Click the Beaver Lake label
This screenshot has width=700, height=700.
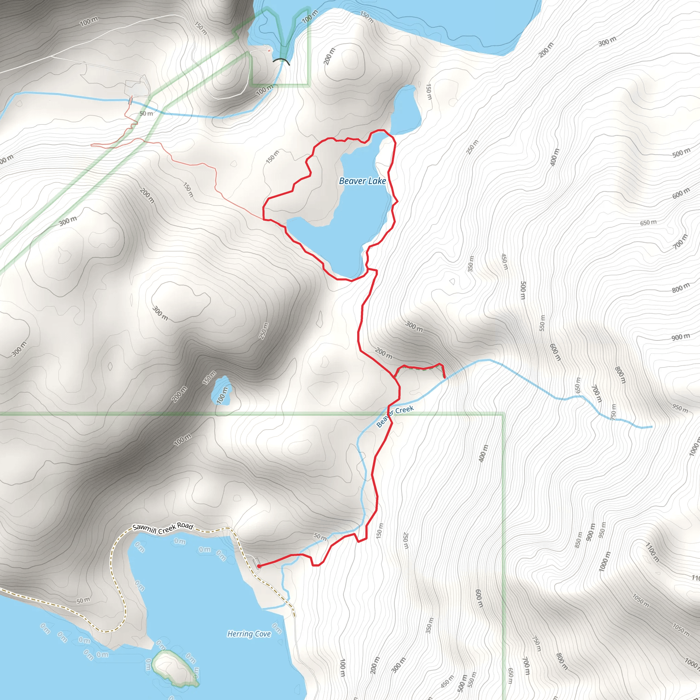362,181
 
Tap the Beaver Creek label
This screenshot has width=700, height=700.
395,416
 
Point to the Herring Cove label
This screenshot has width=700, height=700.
249,634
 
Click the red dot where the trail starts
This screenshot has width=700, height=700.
259,566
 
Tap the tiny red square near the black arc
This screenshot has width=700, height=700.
269,51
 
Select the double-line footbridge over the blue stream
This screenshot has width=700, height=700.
131,100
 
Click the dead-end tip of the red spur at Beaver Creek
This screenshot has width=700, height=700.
445,378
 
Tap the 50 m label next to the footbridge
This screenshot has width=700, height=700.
146,113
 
